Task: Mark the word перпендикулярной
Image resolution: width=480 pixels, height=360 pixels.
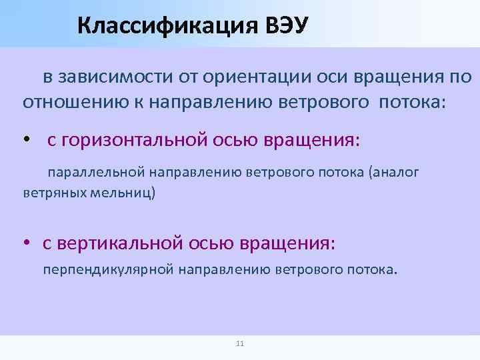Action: pos(109,270)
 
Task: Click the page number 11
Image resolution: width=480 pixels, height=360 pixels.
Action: pos(240,344)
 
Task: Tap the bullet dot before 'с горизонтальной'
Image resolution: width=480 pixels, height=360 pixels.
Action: pos(27,141)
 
